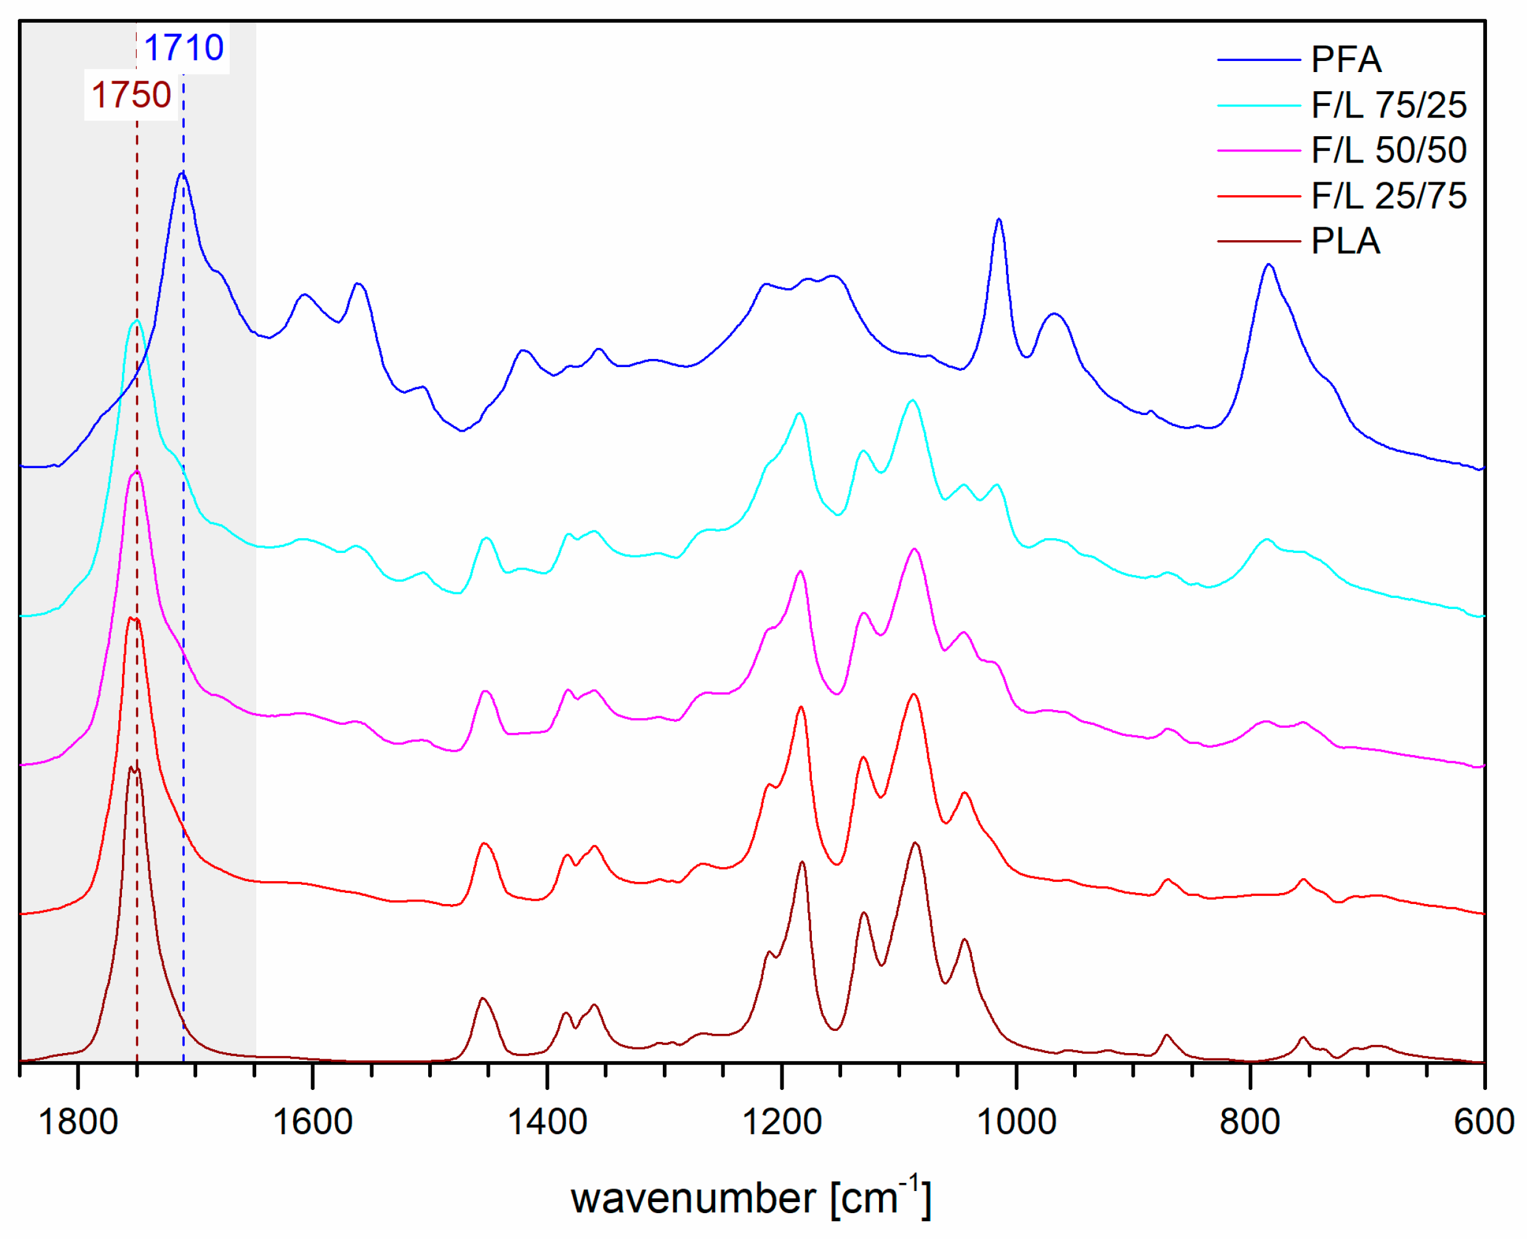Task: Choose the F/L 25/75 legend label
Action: click(1388, 196)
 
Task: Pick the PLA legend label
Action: click(1345, 241)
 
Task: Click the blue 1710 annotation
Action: click(184, 48)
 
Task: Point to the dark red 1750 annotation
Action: click(131, 95)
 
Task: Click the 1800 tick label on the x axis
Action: click(78, 1123)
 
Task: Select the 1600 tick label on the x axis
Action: click(313, 1123)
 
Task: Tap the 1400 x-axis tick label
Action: click(547, 1123)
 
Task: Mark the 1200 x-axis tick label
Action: click(782, 1123)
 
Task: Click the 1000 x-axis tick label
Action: click(1016, 1123)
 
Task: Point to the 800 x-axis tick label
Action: click(1250, 1123)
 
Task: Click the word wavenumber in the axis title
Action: click(693, 1198)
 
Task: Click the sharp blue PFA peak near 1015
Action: click(998, 220)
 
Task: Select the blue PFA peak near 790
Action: click(1268, 265)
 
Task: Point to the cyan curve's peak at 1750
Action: click(136, 321)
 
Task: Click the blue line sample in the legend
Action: click(1258, 60)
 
